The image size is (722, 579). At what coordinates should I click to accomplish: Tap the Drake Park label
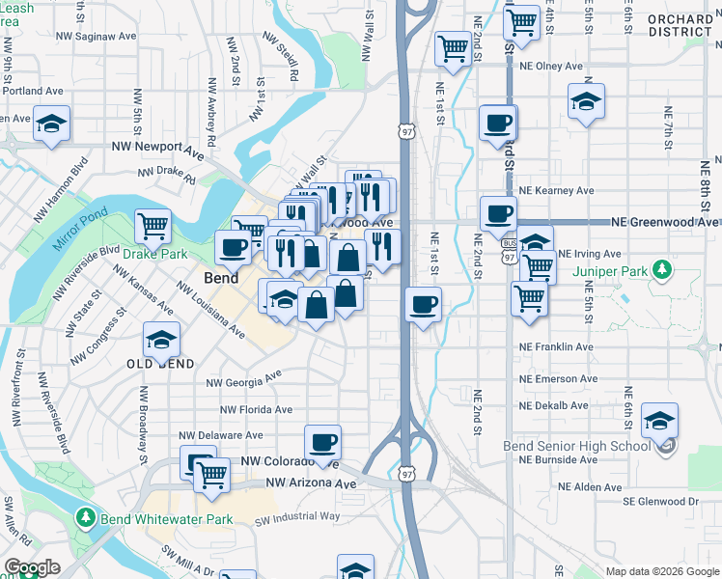pyautogui.click(x=153, y=254)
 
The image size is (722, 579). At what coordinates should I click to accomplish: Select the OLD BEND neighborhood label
pyautogui.click(x=161, y=364)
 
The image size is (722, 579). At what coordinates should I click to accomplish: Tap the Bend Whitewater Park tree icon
pyautogui.click(x=86, y=519)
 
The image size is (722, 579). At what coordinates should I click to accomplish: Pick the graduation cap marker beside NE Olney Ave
pyautogui.click(x=586, y=100)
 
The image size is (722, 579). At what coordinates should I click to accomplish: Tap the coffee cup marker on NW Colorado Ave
pyautogui.click(x=323, y=442)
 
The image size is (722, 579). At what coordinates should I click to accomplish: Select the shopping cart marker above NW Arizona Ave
pyautogui.click(x=211, y=474)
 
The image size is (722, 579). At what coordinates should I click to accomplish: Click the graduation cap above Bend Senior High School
pyautogui.click(x=660, y=420)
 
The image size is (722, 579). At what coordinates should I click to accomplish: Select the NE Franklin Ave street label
pyautogui.click(x=555, y=346)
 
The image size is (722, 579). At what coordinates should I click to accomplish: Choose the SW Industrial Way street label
pyautogui.click(x=297, y=518)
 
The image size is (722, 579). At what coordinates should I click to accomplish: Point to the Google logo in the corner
pyautogui.click(x=33, y=567)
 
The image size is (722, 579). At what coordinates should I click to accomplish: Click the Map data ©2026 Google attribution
pyautogui.click(x=661, y=571)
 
